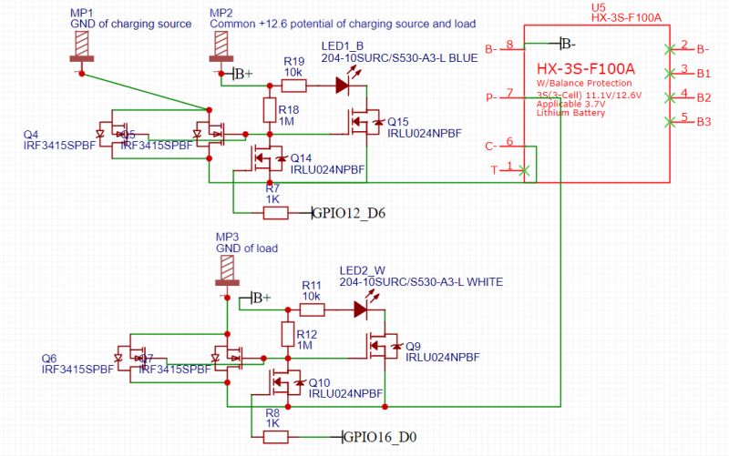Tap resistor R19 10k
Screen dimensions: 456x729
tap(293, 86)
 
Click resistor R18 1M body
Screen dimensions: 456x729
tap(270, 111)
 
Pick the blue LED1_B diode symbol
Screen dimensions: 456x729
tap(343, 86)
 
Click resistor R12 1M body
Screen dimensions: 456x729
tap(288, 334)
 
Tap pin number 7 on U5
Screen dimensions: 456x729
tap(509, 93)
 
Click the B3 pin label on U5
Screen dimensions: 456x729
tap(703, 120)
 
